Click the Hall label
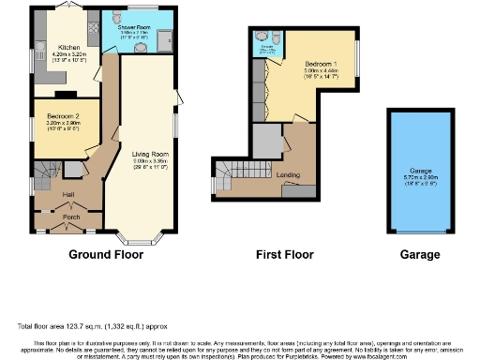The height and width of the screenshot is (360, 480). [x=67, y=194]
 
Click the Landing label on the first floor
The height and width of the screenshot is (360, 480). [x=289, y=174]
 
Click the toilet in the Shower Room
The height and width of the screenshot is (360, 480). [x=115, y=18]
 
